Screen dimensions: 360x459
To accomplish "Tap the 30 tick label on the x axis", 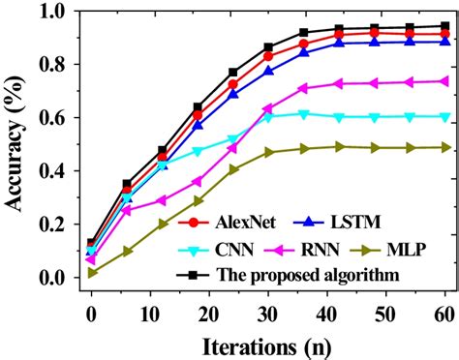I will [x=268, y=314].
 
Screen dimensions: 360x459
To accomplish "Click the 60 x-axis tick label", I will [x=444, y=314].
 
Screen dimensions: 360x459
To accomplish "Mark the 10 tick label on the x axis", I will [x=150, y=314].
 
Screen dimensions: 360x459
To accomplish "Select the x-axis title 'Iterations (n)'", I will [x=269, y=345].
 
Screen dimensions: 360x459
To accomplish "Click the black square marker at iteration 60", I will [x=445, y=26].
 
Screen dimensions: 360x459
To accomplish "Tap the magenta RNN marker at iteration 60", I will [x=445, y=81].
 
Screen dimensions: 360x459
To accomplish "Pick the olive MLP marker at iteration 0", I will [x=91, y=273].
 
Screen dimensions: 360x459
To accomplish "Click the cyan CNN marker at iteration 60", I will [x=445, y=116].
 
